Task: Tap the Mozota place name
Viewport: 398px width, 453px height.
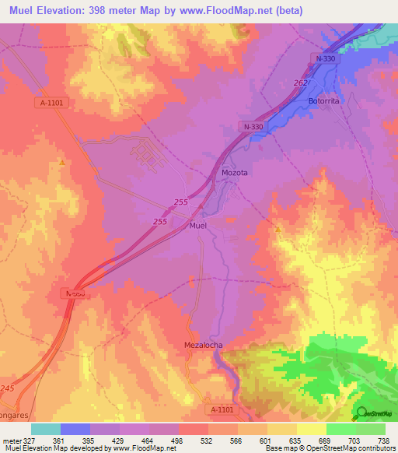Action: [x=234, y=173]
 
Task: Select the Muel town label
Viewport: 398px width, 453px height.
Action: [x=198, y=226]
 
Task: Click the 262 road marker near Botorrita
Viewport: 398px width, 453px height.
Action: [x=302, y=83]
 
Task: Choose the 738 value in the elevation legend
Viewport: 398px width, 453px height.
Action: [x=382, y=441]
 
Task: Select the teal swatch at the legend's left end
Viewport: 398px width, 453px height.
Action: [x=46, y=429]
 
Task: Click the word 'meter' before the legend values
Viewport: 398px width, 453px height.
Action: [x=11, y=441]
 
